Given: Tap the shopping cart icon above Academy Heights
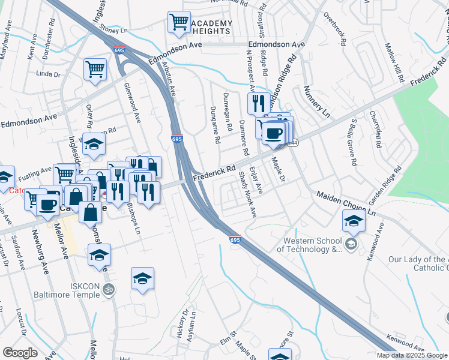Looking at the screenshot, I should pos(179,23).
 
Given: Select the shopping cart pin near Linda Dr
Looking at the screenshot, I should pos(95,70).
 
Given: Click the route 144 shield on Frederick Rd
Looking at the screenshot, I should pos(293,143).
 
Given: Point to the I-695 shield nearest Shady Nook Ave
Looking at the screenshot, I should pos(235,239).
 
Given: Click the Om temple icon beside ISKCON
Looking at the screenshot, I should pos(109,290).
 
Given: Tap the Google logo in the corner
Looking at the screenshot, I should pos(20,353).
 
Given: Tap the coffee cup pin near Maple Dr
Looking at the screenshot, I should pos(274,133).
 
